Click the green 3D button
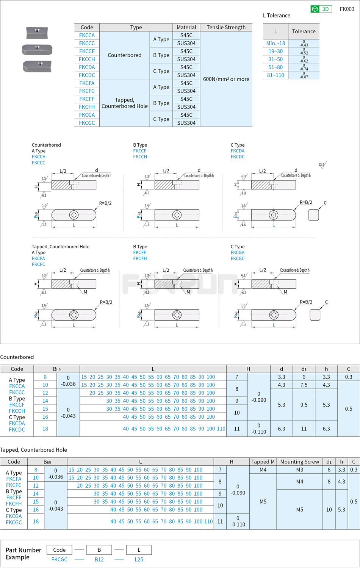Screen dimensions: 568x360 (321, 9)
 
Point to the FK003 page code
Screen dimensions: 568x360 (347, 9)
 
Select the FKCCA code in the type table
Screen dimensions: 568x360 (87, 35)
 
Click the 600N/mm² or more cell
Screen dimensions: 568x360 (226, 79)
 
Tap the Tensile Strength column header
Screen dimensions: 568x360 (226, 27)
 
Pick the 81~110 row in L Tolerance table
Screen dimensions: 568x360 (275, 75)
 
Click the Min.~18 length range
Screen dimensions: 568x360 (275, 43)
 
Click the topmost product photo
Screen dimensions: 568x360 (37, 33)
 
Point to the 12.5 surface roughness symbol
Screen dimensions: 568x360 (322, 165)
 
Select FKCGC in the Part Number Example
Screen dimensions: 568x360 (59, 559)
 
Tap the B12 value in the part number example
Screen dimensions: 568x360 (99, 559)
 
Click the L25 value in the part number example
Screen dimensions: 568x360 (139, 559)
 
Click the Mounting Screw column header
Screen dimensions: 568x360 (299, 462)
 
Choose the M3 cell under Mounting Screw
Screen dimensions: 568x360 (299, 469)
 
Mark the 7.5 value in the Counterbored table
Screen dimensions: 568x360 (304, 385)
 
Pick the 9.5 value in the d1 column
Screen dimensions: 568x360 (304, 405)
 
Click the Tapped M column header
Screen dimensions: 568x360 (263, 462)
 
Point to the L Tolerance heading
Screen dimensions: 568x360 (277, 16)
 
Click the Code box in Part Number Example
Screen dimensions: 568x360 (59, 550)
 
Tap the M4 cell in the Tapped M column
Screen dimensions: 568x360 (263, 469)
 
